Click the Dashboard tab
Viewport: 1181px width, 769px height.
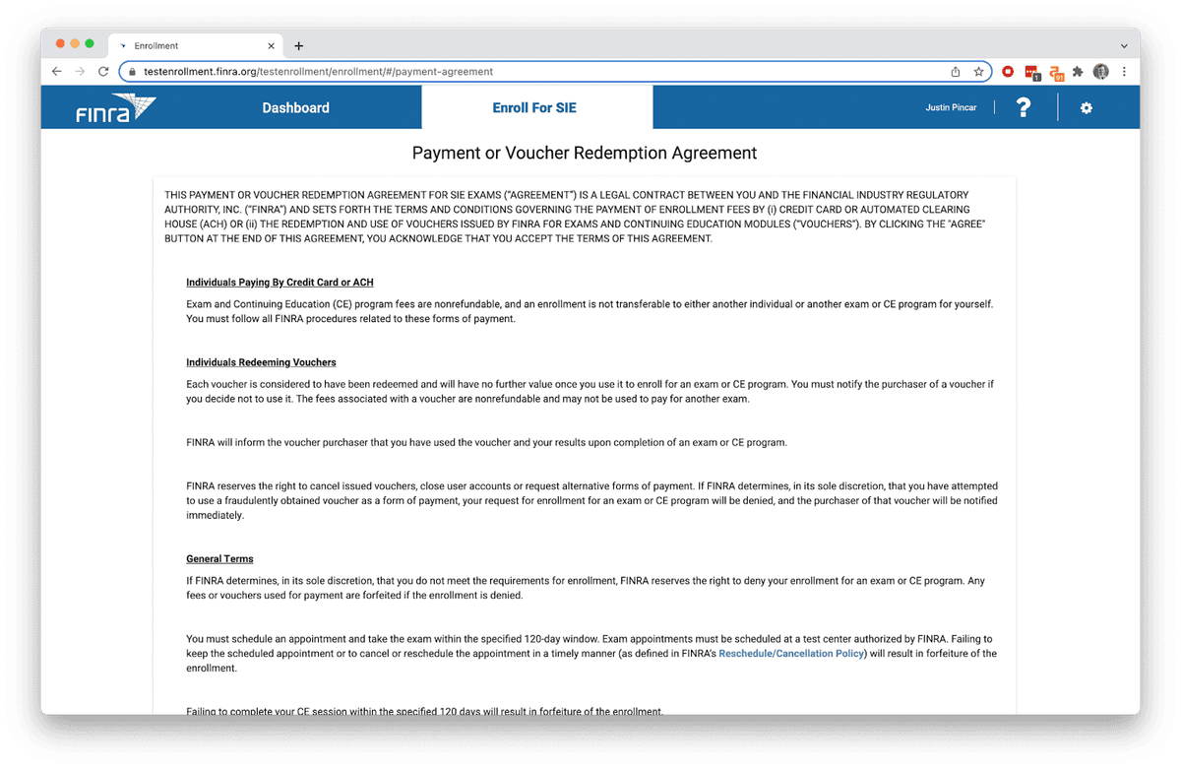(295, 108)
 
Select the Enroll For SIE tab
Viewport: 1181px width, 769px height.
(534, 108)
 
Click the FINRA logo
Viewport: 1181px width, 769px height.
(116, 108)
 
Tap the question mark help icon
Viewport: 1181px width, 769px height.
(1024, 108)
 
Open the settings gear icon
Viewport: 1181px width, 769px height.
(1087, 108)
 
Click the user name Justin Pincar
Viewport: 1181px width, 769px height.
(951, 108)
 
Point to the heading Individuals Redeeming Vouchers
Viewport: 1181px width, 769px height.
(261, 362)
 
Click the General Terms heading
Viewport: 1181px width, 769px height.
(219, 559)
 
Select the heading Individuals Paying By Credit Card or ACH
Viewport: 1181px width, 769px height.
(280, 283)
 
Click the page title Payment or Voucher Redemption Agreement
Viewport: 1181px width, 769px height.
(584, 154)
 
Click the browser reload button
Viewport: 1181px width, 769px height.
(103, 72)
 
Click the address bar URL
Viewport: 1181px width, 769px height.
(318, 72)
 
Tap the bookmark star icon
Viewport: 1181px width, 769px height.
(978, 72)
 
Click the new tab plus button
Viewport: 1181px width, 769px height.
(299, 45)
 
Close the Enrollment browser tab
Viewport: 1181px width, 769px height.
(272, 45)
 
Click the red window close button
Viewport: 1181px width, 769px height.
(60, 44)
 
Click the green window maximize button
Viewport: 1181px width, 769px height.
(90, 44)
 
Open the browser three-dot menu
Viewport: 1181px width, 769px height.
(1124, 72)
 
